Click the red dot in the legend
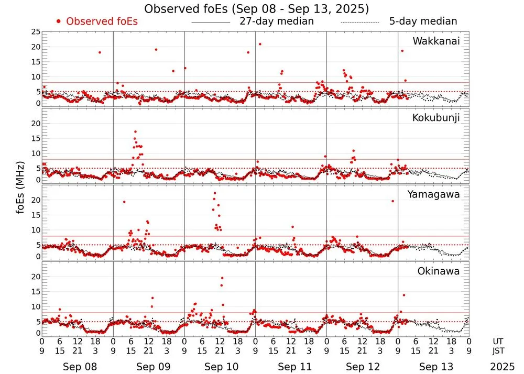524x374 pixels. (x=59, y=21)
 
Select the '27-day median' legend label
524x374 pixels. (x=276, y=21)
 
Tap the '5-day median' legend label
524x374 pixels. (x=423, y=21)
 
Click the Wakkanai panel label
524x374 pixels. (x=436, y=41)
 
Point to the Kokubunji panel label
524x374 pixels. (x=436, y=118)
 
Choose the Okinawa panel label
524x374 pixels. (x=439, y=271)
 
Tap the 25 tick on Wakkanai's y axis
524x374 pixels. (x=36, y=32)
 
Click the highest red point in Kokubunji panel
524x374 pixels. (x=135, y=132)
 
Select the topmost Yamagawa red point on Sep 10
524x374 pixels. (x=214, y=193)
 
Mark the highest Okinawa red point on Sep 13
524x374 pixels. (x=403, y=295)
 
